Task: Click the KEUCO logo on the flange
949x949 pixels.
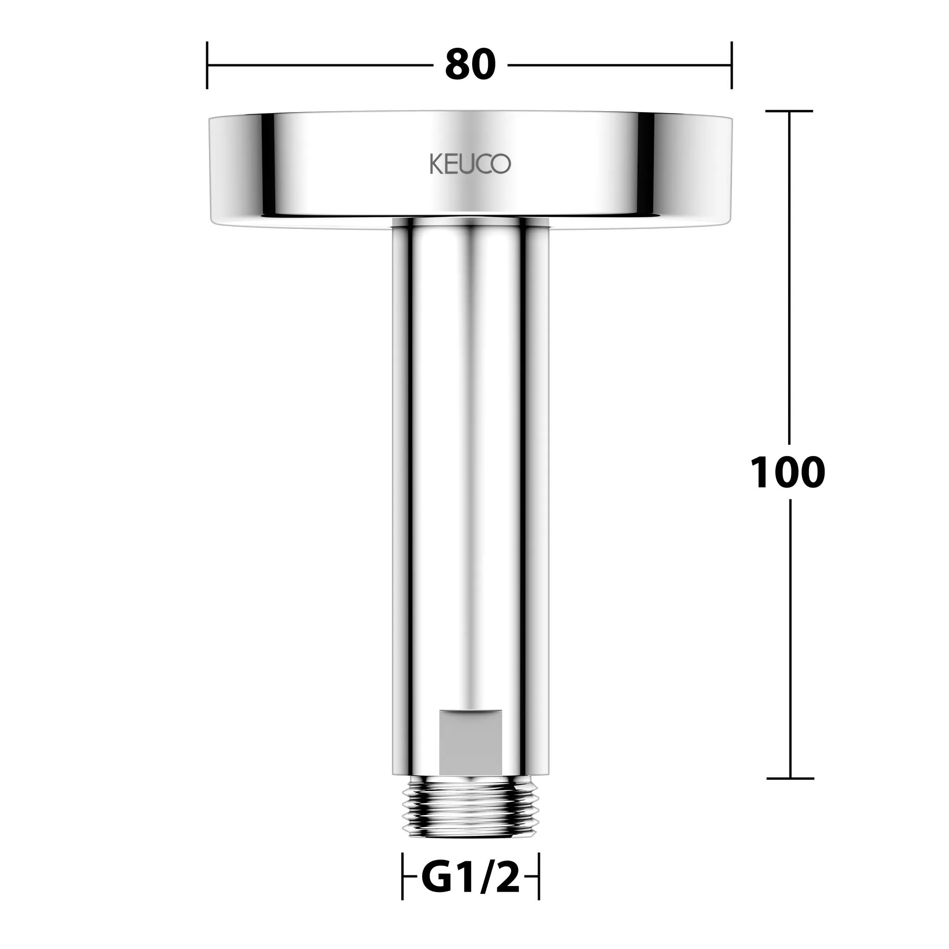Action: [470, 164]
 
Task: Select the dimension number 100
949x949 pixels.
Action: [787, 473]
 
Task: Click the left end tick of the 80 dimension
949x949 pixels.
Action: [207, 65]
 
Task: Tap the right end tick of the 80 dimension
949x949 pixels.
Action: [731, 65]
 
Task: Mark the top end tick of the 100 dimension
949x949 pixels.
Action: [789, 112]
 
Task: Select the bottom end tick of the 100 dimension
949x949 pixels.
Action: [789, 778]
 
